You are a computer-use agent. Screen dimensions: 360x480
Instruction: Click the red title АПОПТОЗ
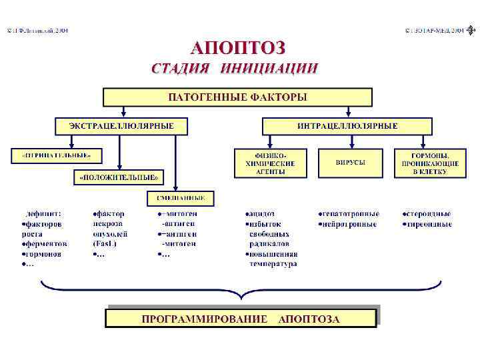tap(239, 47)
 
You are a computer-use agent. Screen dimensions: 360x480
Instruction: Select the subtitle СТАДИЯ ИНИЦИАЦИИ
tap(235, 68)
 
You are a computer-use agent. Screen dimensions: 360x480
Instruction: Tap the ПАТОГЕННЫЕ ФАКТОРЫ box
tap(237, 97)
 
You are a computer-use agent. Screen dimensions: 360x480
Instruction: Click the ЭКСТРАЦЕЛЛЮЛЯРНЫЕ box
tap(122, 125)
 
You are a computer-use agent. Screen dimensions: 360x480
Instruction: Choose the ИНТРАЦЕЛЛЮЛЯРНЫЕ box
tap(347, 125)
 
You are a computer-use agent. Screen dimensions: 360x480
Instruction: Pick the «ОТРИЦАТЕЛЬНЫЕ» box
tap(57, 155)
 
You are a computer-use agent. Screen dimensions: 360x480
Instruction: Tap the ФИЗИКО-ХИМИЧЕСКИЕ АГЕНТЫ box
tap(270, 163)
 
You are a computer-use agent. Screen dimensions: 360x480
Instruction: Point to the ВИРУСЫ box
tap(350, 163)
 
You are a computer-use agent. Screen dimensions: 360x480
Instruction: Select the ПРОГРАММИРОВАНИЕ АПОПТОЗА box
tap(241, 319)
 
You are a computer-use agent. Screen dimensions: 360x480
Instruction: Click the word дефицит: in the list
tap(43, 214)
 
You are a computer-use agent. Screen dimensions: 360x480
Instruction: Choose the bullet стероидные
tap(428, 214)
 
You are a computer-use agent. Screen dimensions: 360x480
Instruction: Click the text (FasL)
tap(106, 244)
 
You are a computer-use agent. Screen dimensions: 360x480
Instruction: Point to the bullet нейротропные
tap(349, 224)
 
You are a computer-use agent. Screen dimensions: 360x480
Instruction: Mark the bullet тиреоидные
tap(428, 224)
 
